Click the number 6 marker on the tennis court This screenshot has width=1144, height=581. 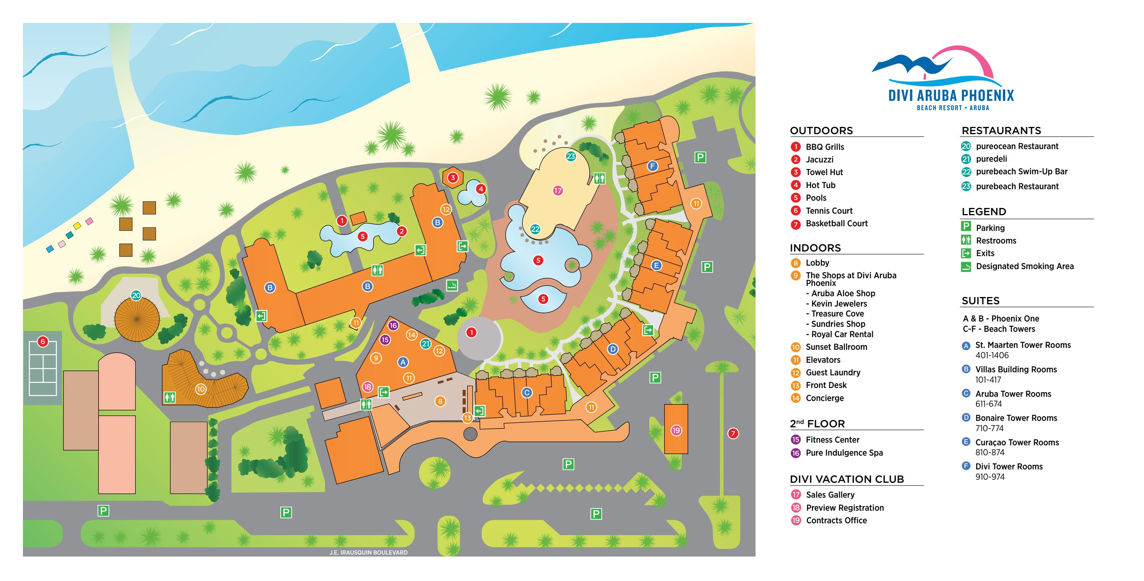click(43, 341)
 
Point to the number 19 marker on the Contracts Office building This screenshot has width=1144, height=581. click(676, 430)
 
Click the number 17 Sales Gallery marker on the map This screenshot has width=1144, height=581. click(558, 190)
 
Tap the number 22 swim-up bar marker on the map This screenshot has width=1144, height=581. click(535, 229)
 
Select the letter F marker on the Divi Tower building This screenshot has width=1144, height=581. click(652, 166)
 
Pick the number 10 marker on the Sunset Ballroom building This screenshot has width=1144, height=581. click(201, 389)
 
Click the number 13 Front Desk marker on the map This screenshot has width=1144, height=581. click(467, 418)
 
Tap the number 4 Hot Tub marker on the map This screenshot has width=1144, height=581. click(481, 189)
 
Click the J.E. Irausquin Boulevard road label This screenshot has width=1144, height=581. click(368, 553)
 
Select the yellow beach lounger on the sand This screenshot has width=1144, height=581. click(77, 226)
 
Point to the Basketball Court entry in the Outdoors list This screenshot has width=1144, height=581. click(836, 224)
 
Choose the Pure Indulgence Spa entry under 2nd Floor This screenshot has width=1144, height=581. click(844, 453)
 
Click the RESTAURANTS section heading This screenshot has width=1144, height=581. click(1001, 130)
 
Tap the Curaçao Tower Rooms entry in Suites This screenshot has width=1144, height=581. click(1017, 443)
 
